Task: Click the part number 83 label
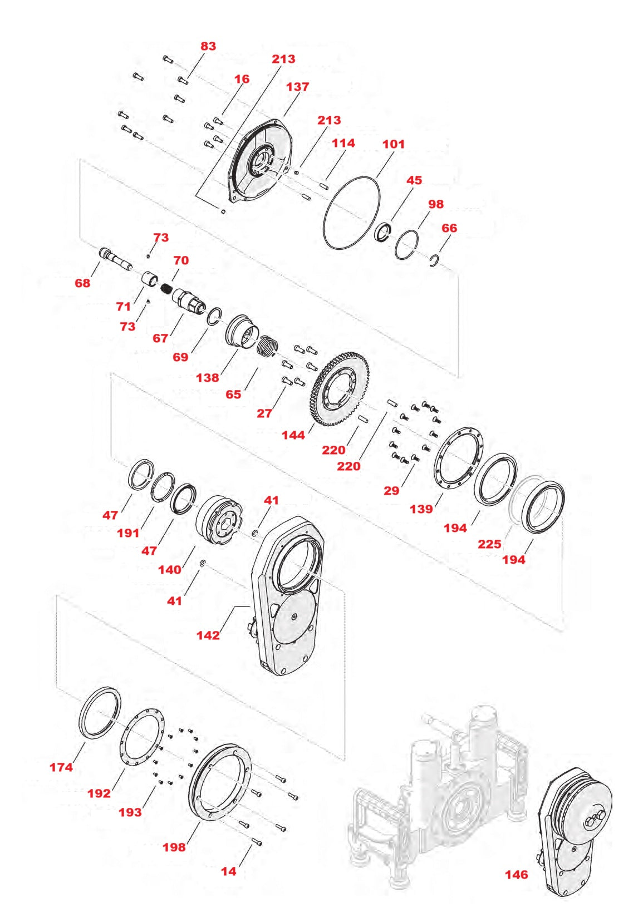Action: pyautogui.click(x=208, y=46)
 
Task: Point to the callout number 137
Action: pyautogui.click(x=297, y=87)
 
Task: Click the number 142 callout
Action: pyautogui.click(x=208, y=635)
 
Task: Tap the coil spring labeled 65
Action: pyautogui.click(x=268, y=347)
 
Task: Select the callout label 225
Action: pyautogui.click(x=489, y=544)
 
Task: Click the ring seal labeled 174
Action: pyautogui.click(x=84, y=718)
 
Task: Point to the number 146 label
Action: pyautogui.click(x=516, y=875)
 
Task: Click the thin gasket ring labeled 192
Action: pyautogui.click(x=124, y=740)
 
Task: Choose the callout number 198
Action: pyautogui.click(x=174, y=847)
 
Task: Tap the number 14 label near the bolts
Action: pyautogui.click(x=229, y=872)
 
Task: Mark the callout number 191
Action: pyautogui.click(x=128, y=533)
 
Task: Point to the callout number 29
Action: pyautogui.click(x=391, y=491)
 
